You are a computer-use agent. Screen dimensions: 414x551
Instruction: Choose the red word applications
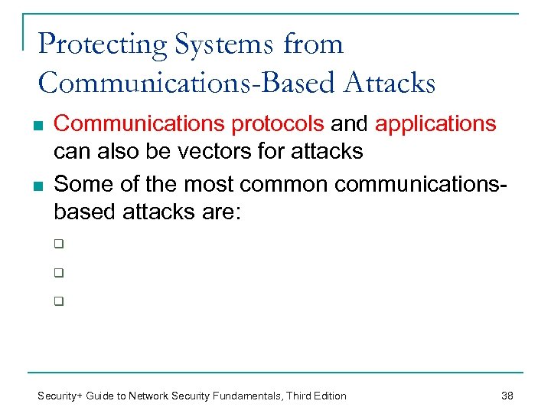pyautogui.click(x=435, y=123)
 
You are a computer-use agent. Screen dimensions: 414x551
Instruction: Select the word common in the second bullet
pyautogui.click(x=285, y=183)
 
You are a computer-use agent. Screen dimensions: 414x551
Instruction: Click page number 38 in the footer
pyautogui.click(x=507, y=396)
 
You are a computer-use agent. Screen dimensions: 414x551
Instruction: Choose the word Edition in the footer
pyautogui.click(x=327, y=396)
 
